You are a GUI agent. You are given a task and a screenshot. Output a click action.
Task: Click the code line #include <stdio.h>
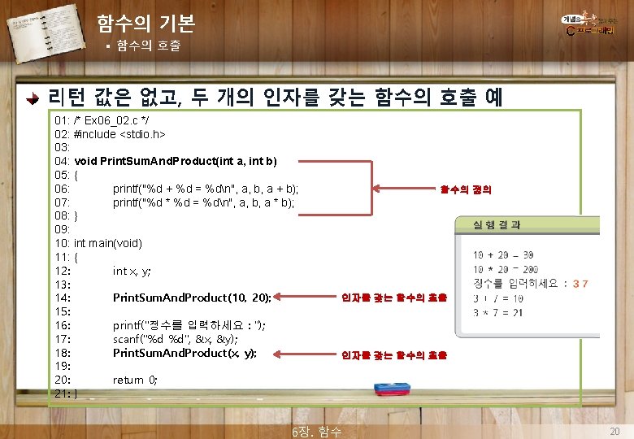point(119,133)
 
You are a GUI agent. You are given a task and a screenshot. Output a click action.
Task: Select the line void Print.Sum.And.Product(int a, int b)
point(175,160)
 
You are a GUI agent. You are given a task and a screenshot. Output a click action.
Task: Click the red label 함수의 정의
point(466,189)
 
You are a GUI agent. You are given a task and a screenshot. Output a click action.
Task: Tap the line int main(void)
point(107,243)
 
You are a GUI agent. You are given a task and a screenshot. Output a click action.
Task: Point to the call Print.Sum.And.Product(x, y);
point(185,353)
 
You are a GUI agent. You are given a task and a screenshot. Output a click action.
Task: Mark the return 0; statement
point(135,380)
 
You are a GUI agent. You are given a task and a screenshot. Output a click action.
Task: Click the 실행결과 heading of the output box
point(492,224)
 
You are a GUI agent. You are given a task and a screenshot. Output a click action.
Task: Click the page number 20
point(614,430)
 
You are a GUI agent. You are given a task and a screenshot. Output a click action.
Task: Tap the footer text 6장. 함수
point(316,432)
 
